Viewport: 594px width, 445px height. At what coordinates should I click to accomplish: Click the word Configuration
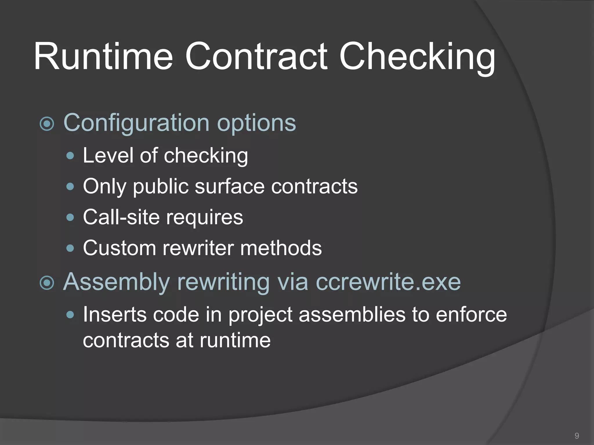click(x=136, y=123)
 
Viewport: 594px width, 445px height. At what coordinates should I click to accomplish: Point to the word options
click(x=256, y=123)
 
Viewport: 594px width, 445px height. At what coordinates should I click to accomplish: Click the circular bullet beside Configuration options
click(x=47, y=124)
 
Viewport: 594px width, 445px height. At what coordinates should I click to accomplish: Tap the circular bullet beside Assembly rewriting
click(x=47, y=283)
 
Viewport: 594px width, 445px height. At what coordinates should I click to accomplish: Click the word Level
click(x=108, y=155)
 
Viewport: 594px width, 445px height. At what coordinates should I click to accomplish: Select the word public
click(x=160, y=187)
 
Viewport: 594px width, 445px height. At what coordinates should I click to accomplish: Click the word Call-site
click(x=121, y=217)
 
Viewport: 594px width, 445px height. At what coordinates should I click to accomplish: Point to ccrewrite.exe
click(x=388, y=282)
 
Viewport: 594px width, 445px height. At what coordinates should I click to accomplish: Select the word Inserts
click(x=115, y=315)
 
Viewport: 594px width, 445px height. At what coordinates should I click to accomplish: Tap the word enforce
click(x=471, y=315)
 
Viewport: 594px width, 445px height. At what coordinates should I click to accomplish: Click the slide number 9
click(x=577, y=436)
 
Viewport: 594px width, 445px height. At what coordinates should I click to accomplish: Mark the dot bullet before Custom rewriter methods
click(x=70, y=248)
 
